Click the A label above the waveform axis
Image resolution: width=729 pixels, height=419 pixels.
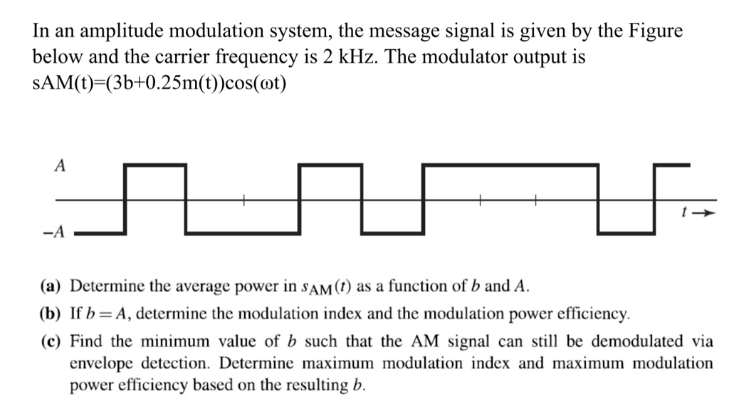61,166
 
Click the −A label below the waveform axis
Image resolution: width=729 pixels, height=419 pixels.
57,232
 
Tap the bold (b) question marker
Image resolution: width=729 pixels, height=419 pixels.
50,313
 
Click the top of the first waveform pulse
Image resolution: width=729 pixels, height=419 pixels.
155,165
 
